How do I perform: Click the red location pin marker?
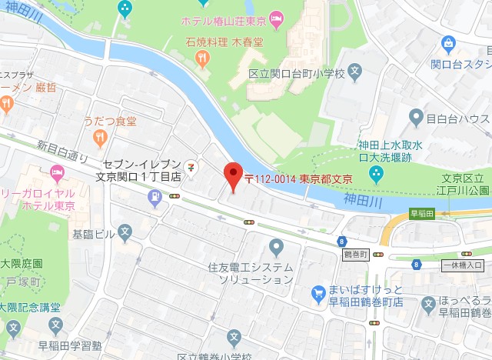233,176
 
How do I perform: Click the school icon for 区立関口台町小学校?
354,74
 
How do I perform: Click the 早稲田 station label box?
422,214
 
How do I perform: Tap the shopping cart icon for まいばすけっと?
318,292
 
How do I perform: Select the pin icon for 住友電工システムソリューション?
277,247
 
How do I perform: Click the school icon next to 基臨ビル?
125,230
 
